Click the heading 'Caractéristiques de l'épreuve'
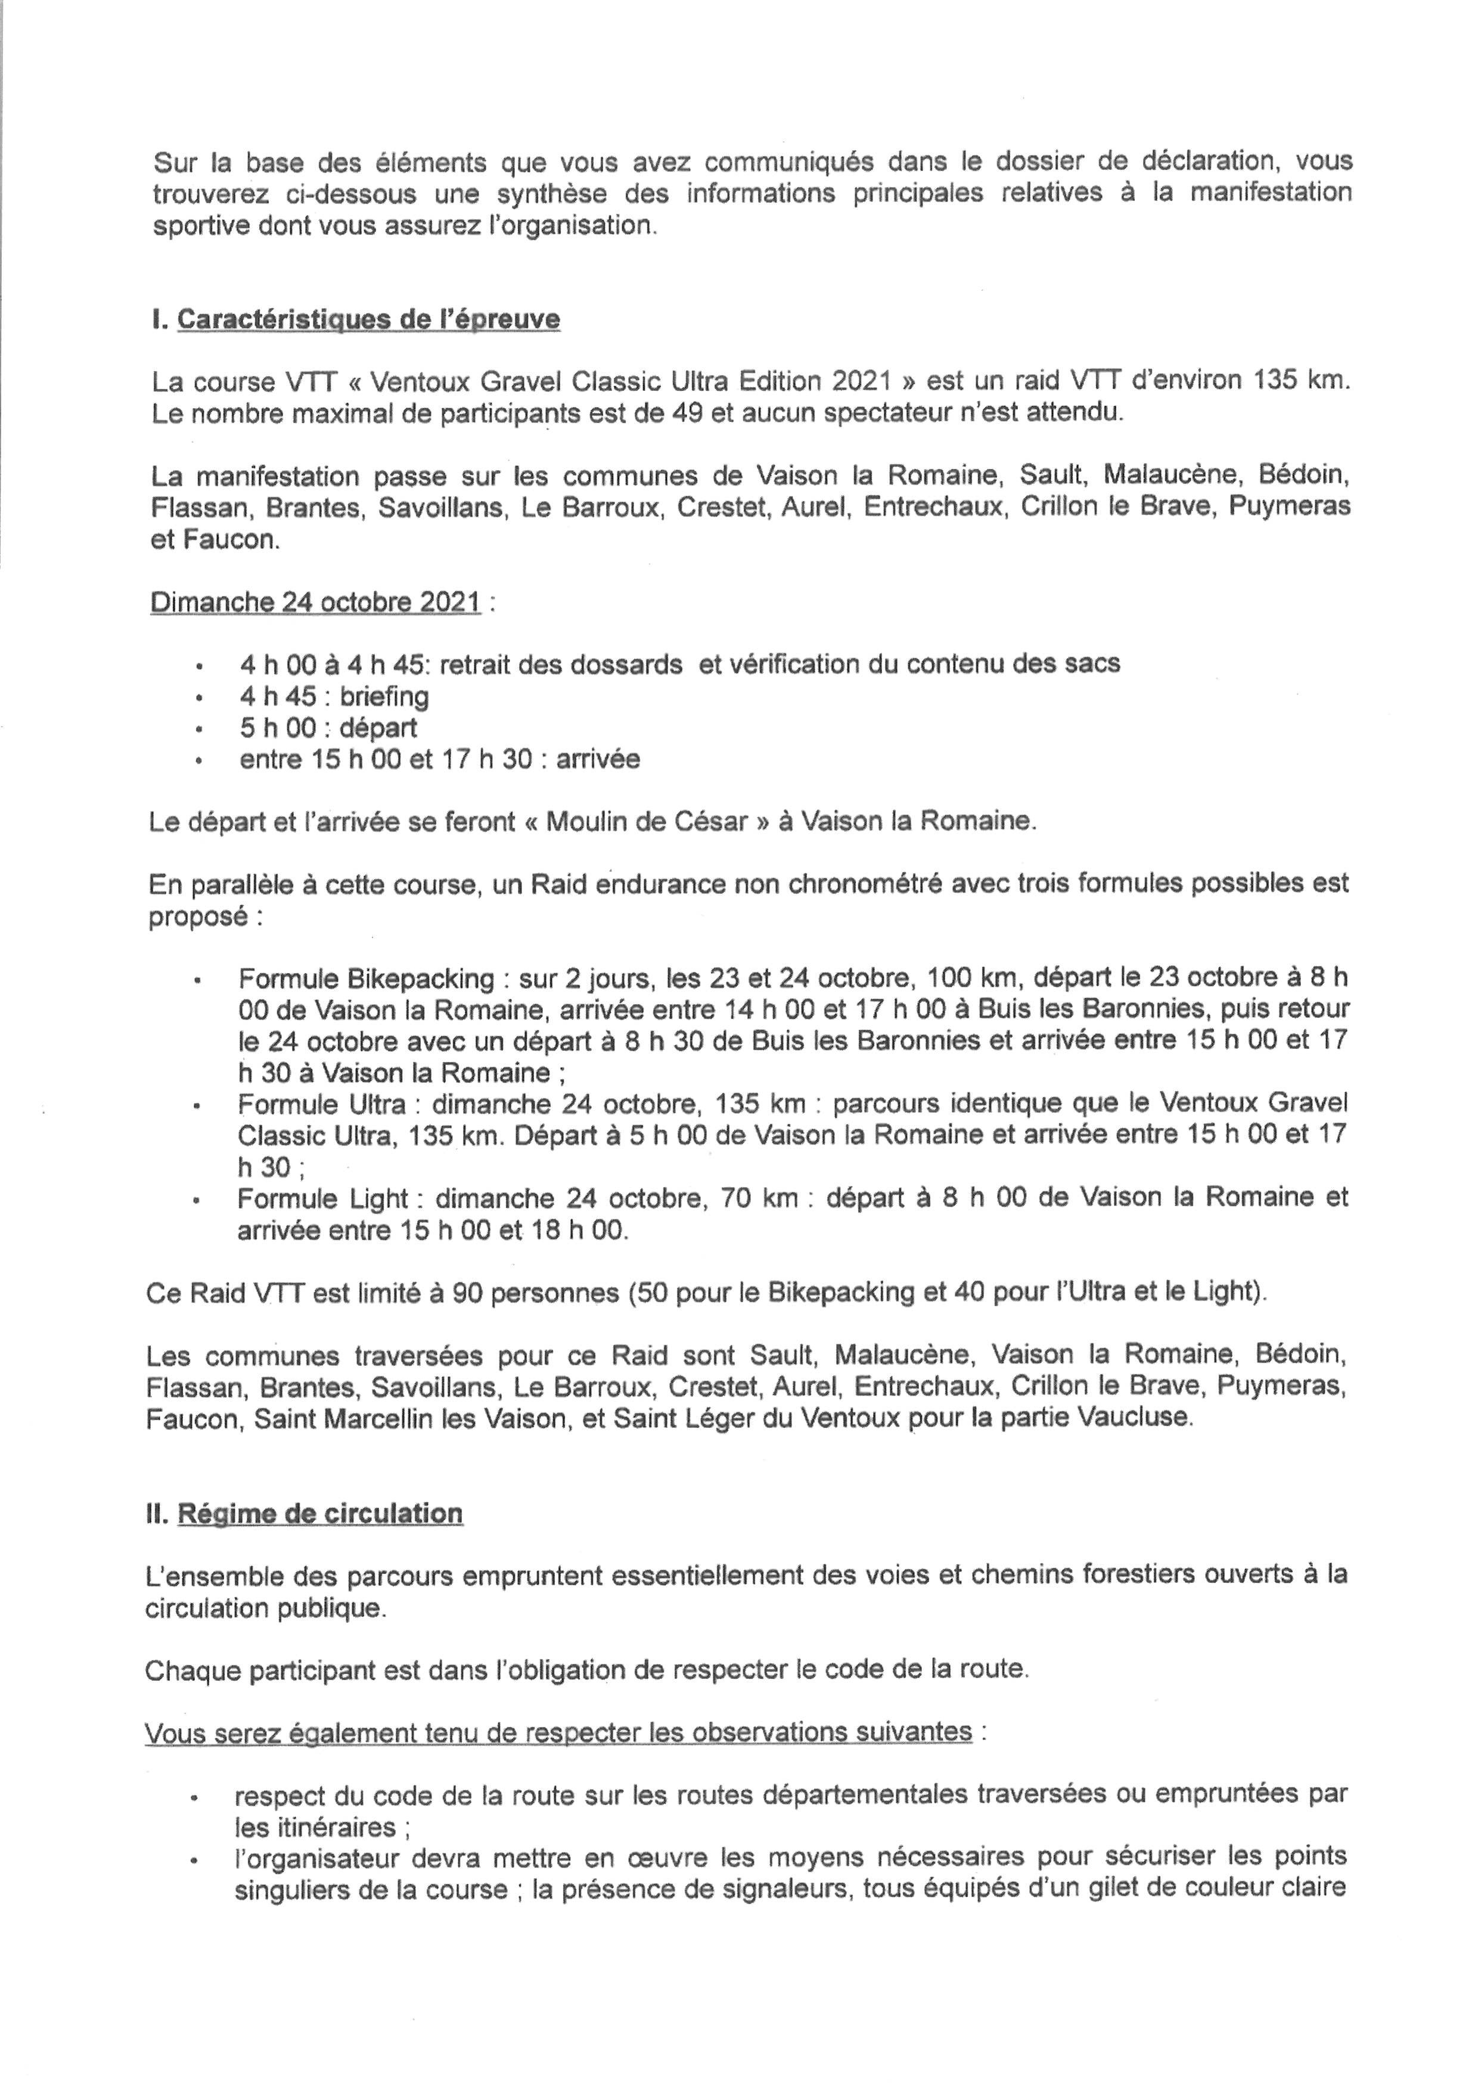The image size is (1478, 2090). tap(368, 319)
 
